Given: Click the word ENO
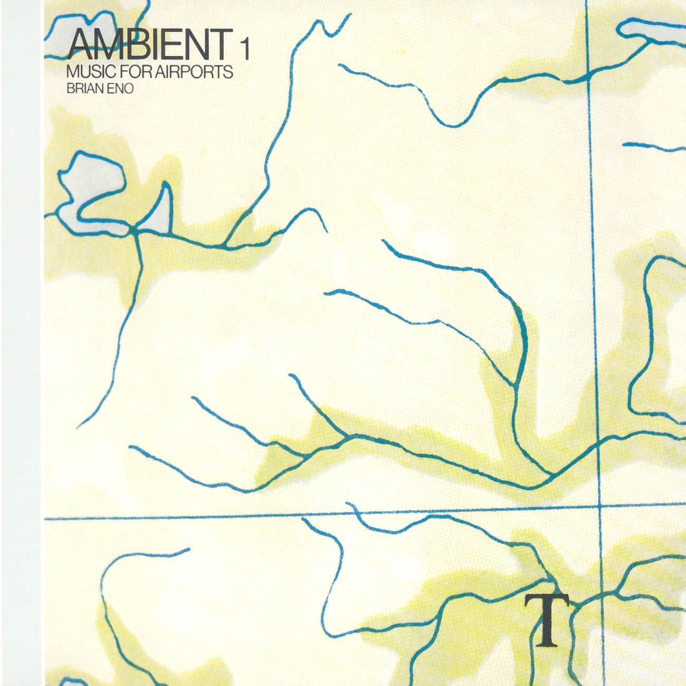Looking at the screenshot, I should click(x=120, y=89).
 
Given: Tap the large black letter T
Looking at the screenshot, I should click(x=547, y=620).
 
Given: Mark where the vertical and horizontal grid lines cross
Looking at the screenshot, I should click(x=601, y=507).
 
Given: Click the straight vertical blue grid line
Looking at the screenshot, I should click(x=593, y=264).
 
